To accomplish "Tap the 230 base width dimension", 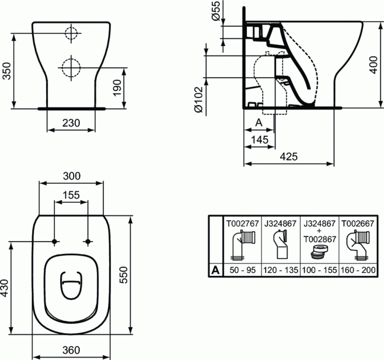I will pos(71,122).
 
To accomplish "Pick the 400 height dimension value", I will pos(378,65).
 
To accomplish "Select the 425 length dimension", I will pos(289,156).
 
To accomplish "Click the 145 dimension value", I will pos(260,139).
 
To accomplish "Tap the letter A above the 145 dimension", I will pos(259,123).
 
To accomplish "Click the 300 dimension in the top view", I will pos(71,176).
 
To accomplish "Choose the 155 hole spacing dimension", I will pos(71,195).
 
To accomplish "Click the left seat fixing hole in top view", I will pos(54,241).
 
